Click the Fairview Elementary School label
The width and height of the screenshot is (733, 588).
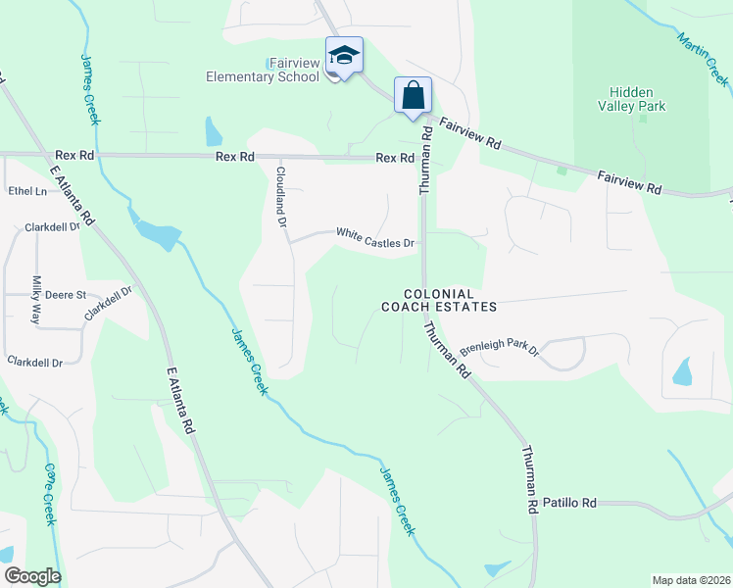tap(262, 70)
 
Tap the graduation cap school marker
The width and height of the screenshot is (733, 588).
tap(344, 55)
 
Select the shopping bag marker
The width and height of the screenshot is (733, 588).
tap(413, 95)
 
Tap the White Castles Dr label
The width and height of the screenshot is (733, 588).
tap(375, 237)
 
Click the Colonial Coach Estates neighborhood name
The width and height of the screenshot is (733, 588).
tap(439, 300)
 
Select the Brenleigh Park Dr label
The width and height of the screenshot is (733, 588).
tap(499, 348)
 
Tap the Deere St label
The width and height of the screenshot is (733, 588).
tap(68, 294)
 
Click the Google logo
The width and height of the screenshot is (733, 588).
tap(32, 576)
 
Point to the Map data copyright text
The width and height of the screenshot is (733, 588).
tap(690, 580)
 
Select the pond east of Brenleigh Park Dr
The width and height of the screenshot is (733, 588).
tap(682, 370)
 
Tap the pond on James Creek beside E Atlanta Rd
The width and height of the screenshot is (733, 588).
tap(157, 233)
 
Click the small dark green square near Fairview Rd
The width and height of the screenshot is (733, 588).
tap(562, 171)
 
